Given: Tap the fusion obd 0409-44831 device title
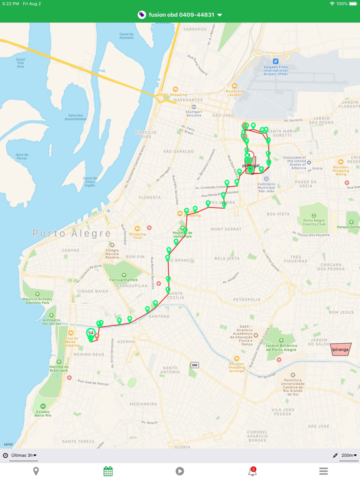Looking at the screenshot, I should pos(181,14).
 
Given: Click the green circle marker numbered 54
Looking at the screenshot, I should pos(91,333).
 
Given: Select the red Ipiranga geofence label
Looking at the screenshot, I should pos(341,349).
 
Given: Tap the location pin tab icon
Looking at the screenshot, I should pos(36,471).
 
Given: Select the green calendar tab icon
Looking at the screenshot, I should pos(108,471).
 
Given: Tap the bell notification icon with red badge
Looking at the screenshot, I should pos(252,471).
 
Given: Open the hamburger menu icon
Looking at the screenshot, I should pos(323,471).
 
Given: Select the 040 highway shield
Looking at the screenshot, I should pos(195,365).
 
